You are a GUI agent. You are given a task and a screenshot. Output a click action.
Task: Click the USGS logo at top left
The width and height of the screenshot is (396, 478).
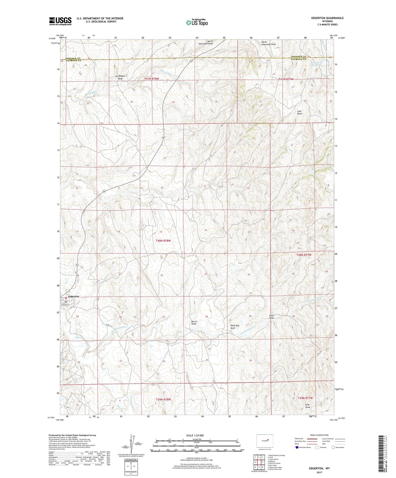click(60, 21)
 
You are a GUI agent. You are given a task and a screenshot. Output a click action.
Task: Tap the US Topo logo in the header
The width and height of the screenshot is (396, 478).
click(196, 23)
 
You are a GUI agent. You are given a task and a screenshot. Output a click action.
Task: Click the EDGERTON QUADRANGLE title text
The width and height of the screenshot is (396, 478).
click(327, 18)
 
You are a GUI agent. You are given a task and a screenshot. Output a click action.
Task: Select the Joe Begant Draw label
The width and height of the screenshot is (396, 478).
click(120, 77)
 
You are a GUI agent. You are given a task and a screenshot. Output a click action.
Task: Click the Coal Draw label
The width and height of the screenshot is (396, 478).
click(300, 112)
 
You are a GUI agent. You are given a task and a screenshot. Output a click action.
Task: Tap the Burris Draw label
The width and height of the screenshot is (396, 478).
click(194, 322)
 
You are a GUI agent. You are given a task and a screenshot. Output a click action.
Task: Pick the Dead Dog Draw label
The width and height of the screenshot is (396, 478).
click(235, 327)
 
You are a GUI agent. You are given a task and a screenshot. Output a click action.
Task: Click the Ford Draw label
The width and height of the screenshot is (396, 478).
click(272, 317)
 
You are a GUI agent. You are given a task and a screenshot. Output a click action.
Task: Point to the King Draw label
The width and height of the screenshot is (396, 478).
click(307, 406)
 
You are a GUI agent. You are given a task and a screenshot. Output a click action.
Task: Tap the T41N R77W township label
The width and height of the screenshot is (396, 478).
click(286, 79)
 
